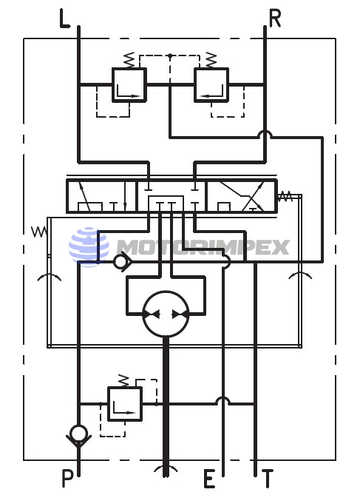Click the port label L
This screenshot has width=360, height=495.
pyautogui.click(x=64, y=19)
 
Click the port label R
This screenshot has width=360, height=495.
pyautogui.click(x=275, y=18)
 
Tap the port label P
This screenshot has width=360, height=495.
pyautogui.click(x=67, y=478)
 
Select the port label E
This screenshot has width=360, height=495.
pyautogui.click(x=209, y=479)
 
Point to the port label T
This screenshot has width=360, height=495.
pyautogui.click(x=267, y=478)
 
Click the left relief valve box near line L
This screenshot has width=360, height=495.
pyautogui.click(x=129, y=84)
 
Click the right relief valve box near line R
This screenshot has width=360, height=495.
pyautogui.click(x=211, y=84)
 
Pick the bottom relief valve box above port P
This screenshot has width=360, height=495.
pyautogui.click(x=125, y=404)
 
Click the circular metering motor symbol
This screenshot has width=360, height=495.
pyautogui.click(x=166, y=314)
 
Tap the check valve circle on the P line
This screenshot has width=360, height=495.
pyautogui.click(x=78, y=433)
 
